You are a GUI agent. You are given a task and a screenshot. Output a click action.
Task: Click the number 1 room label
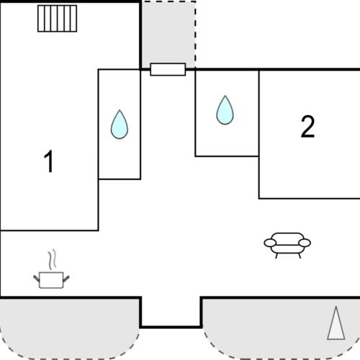pos(49,162)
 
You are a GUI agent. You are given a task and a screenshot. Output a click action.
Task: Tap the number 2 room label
pos(307,127)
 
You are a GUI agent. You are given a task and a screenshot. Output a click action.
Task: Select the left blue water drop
pos(119,125)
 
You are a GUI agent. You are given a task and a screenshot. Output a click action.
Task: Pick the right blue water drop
pos(226,110)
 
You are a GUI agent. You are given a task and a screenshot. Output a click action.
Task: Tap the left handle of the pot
pos(37,276)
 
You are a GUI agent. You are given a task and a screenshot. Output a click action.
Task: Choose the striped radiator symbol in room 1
pos(58,18)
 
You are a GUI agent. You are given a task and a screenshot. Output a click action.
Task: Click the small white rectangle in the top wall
pos(168,69)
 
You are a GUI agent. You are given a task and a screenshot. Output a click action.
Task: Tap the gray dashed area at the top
pos(168,32)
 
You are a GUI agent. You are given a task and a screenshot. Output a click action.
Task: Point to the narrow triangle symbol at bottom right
pos(335,323)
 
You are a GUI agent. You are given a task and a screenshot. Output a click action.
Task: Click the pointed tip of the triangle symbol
pos(336,307)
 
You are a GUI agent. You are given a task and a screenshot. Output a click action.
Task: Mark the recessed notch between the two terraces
pos(171,311)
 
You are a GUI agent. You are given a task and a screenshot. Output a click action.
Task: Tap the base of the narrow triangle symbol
pos(335,338)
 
